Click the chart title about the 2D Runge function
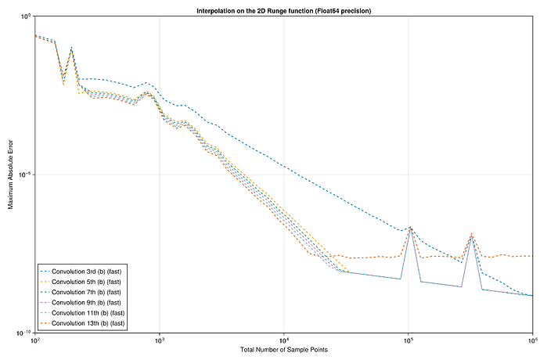(283, 10)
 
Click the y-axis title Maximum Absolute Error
(11, 174)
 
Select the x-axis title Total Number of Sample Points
(283, 349)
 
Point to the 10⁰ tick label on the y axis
(24, 16)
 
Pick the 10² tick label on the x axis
(34, 340)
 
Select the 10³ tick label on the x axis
(159, 340)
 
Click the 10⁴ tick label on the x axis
(283, 340)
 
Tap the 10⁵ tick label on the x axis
(408, 340)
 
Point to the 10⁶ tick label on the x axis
(531, 340)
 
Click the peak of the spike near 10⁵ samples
(410, 228)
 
